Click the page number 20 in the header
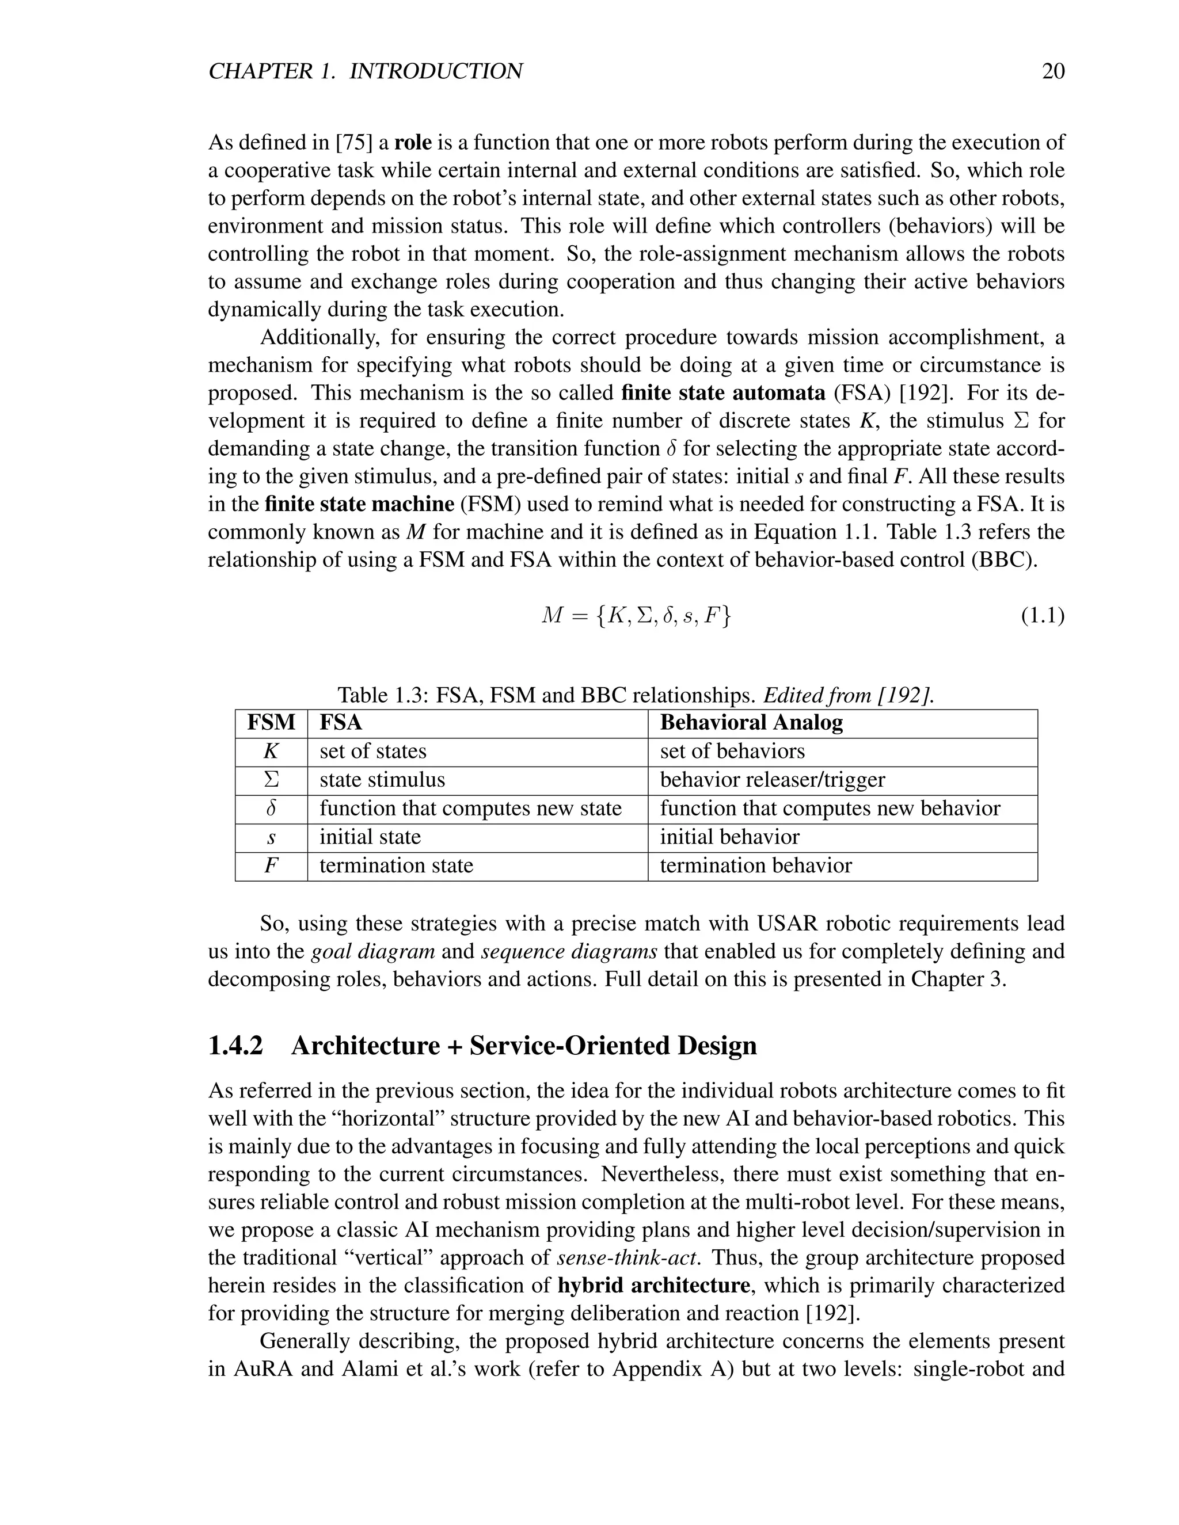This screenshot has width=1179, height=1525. click(x=1052, y=71)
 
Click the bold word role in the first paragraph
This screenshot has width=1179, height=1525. click(x=413, y=143)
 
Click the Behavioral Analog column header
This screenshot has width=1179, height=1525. click(x=751, y=723)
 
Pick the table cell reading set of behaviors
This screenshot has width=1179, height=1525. click(x=732, y=752)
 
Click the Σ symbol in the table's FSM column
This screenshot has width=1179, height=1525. click(x=271, y=780)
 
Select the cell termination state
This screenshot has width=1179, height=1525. click(x=396, y=866)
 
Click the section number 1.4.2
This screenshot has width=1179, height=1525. click(x=235, y=1046)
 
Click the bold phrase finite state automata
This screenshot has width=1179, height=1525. click(x=723, y=393)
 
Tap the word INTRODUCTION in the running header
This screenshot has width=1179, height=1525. click(x=435, y=71)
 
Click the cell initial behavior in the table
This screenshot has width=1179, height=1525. click(x=729, y=837)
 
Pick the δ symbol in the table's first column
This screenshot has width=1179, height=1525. click(x=271, y=809)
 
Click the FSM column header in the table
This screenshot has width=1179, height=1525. click(x=271, y=723)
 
